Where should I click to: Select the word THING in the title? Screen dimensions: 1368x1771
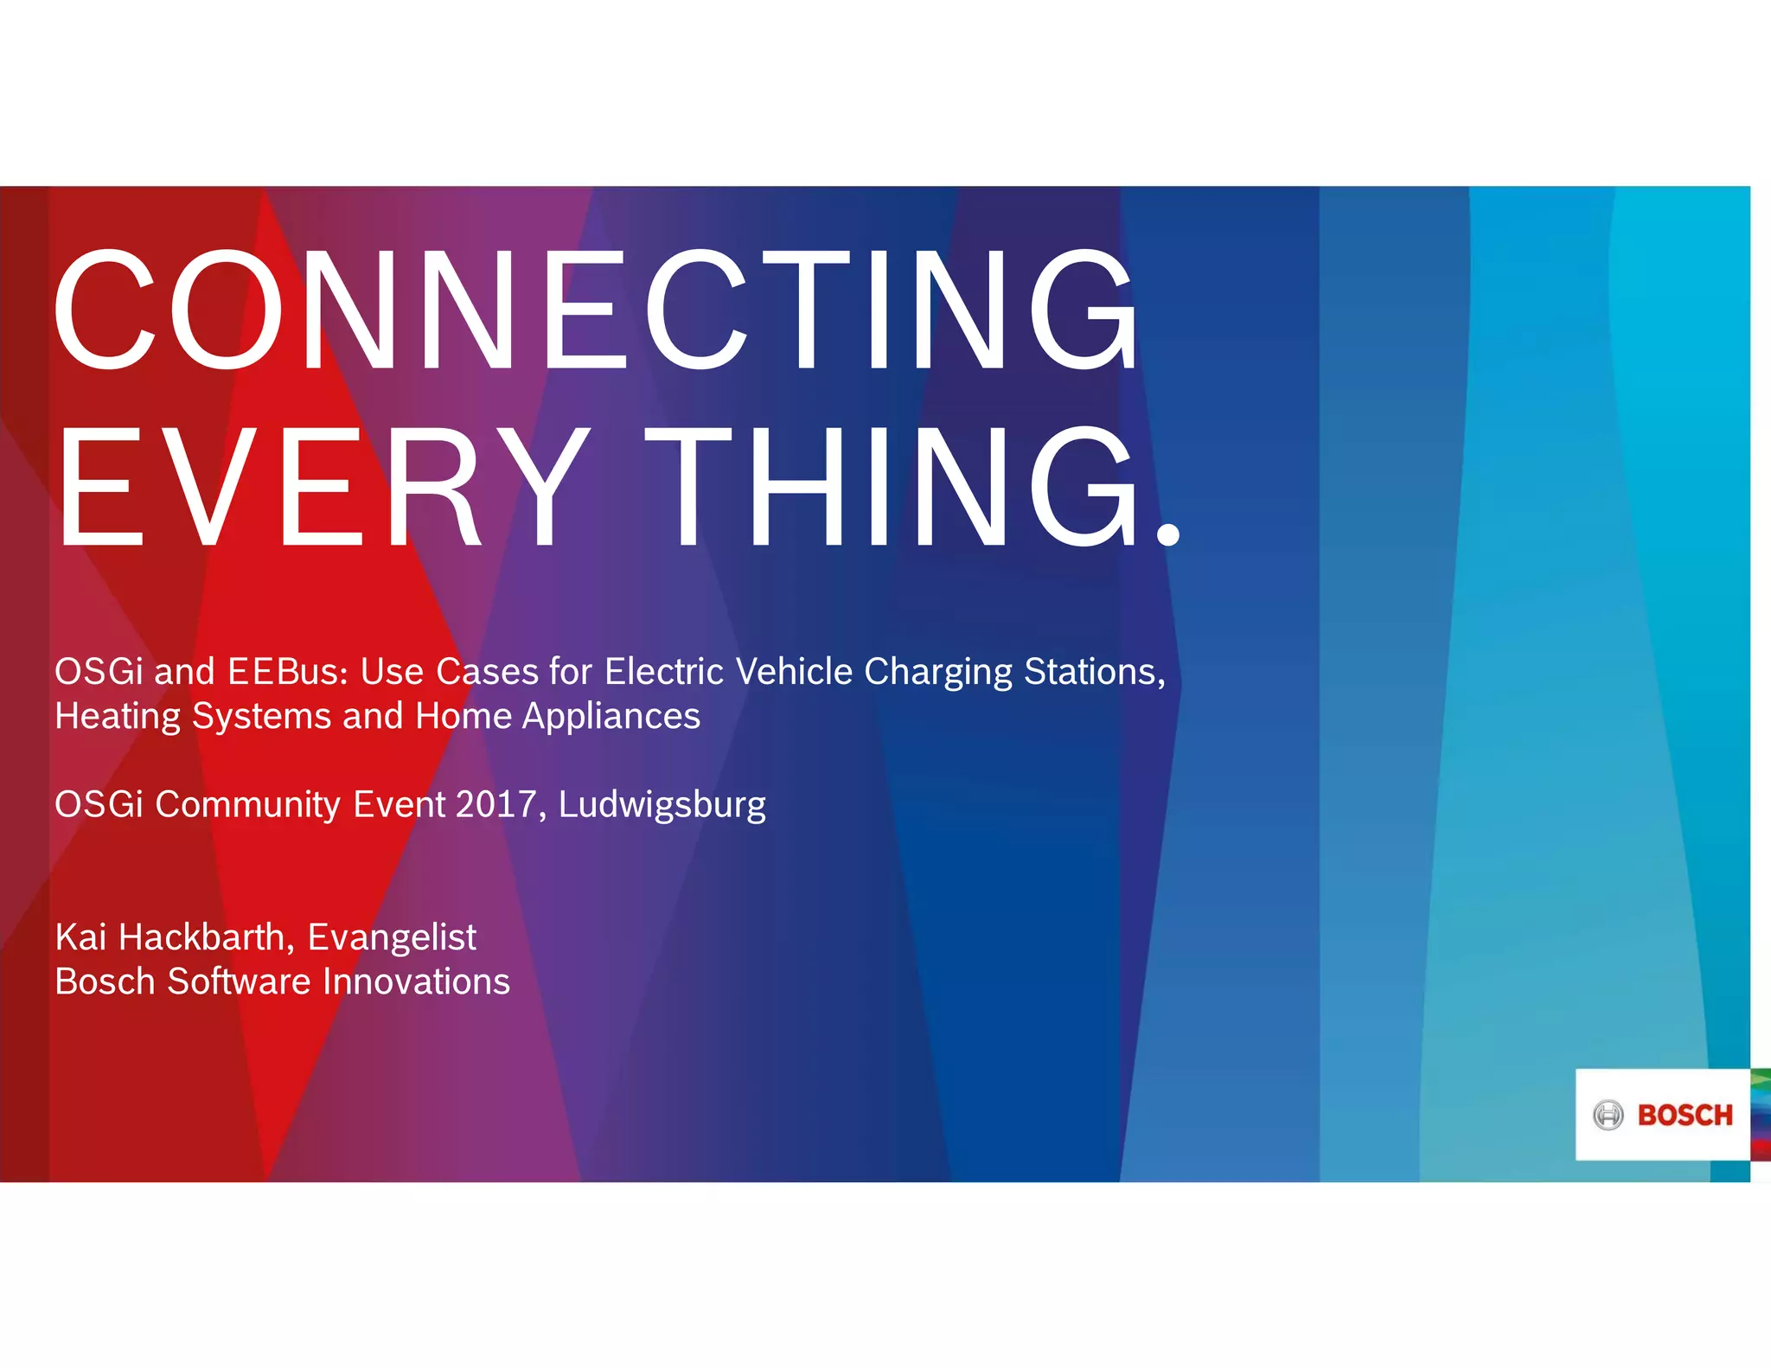tap(899, 488)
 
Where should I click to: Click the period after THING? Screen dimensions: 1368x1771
tap(1167, 532)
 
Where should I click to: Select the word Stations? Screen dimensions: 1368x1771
tap(1094, 672)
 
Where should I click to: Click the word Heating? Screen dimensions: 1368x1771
tap(118, 717)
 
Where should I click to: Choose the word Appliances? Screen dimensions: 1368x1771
tap(611, 717)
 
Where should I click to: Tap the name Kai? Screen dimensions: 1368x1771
tap(81, 937)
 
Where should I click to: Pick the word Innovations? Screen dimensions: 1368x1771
tap(416, 982)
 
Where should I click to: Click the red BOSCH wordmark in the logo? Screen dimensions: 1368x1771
tap(1685, 1115)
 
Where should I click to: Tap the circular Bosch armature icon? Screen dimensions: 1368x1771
tap(1608, 1115)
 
